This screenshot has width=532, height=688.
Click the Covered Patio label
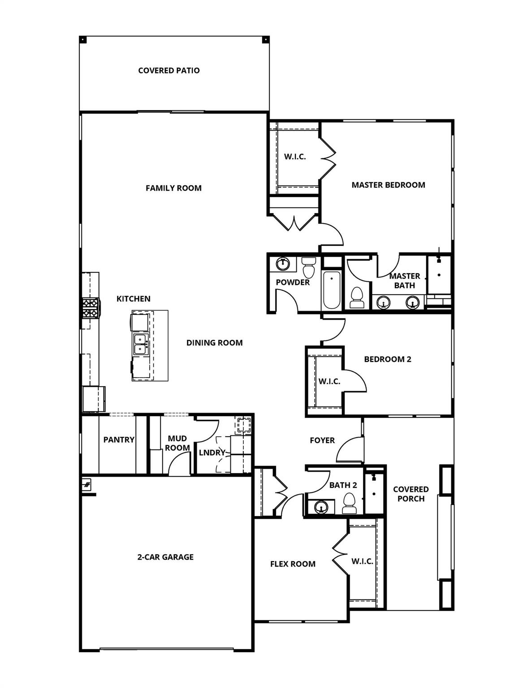click(x=169, y=70)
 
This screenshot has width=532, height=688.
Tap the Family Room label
click(x=173, y=188)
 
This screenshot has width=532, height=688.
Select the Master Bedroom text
click(x=388, y=185)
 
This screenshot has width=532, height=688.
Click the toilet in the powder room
click(x=309, y=268)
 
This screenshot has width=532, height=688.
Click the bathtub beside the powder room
click(x=331, y=290)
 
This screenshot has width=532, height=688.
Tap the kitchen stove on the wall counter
click(x=90, y=308)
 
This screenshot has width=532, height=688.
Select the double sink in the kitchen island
click(x=140, y=344)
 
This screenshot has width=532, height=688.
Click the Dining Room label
click(x=214, y=343)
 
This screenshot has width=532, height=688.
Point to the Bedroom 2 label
click(x=387, y=359)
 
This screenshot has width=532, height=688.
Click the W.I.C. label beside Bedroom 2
click(x=329, y=381)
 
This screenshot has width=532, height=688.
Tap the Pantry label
click(x=119, y=439)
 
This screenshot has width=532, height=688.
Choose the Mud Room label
click(x=178, y=443)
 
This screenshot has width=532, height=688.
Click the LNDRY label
click(x=212, y=452)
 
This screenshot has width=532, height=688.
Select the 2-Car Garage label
click(x=165, y=557)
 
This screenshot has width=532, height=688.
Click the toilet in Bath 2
click(x=349, y=503)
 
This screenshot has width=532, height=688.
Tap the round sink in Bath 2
click(x=321, y=507)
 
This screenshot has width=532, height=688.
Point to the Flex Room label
click(x=293, y=564)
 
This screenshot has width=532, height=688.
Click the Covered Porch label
click(x=411, y=494)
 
